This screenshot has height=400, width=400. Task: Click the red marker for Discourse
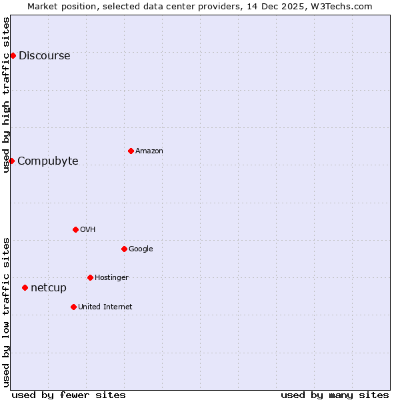coord(13,55)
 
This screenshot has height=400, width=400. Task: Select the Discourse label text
coord(44,56)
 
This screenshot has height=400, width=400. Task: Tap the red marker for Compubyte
coord(11,161)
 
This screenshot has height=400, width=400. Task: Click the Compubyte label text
coord(47,161)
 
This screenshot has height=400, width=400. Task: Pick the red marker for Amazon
coord(131,151)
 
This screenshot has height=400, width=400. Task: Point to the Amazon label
coord(149,151)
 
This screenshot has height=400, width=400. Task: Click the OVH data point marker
coord(75,229)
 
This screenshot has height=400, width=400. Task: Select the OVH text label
coord(88,230)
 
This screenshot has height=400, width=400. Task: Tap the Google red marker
coord(124,249)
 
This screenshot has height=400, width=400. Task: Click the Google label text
coord(141,249)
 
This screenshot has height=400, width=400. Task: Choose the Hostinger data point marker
coord(90,277)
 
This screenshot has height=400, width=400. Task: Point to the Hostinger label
coord(111,278)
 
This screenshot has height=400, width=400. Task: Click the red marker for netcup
coord(25,287)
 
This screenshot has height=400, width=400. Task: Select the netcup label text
coord(49,288)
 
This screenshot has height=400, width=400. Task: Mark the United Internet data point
coord(73,307)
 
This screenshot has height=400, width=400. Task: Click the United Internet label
coord(105,307)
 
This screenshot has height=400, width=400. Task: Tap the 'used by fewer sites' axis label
coord(69,395)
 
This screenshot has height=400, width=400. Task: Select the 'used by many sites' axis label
coord(335,395)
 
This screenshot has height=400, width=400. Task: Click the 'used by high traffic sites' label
coord(6,95)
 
